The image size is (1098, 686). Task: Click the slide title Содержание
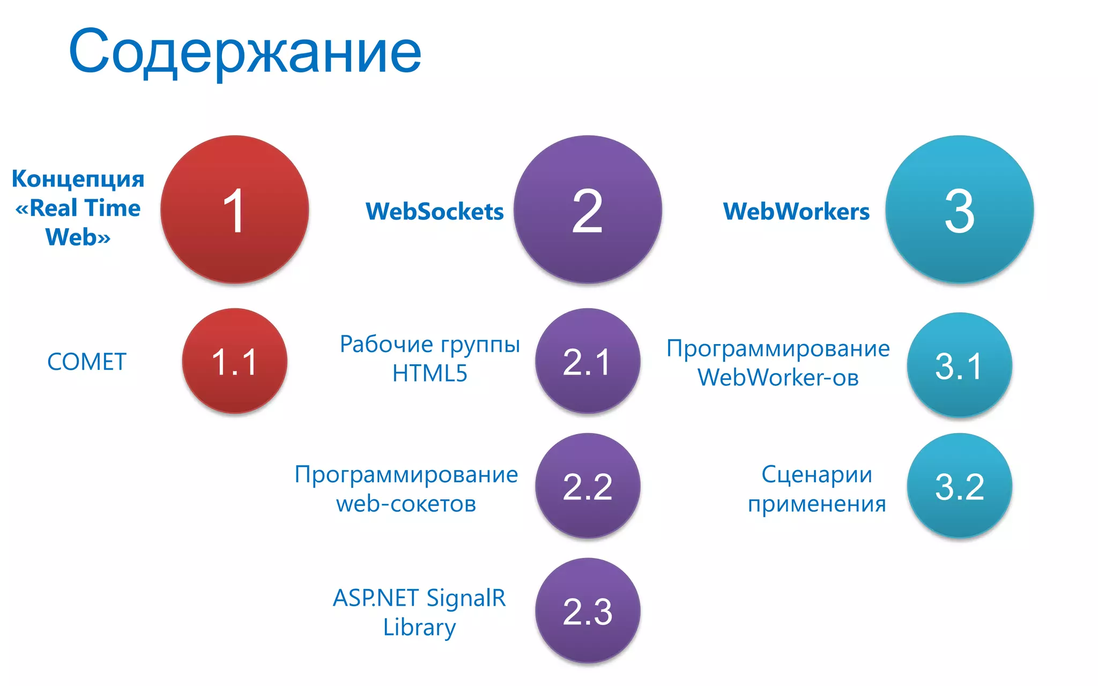(245, 53)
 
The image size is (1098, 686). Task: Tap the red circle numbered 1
(234, 210)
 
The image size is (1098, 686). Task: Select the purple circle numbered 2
(588, 210)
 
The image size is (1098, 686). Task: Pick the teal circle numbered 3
(959, 210)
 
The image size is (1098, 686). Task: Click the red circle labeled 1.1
(234, 361)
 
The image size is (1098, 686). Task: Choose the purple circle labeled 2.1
(588, 361)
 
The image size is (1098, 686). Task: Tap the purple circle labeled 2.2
(588, 486)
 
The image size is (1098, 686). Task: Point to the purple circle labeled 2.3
(588, 610)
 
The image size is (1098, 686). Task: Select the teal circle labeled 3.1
(959, 365)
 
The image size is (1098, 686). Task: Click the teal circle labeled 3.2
(959, 486)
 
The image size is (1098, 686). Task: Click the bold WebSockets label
(434, 211)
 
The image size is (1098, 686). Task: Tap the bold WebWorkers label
(796, 211)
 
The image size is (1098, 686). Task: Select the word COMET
(87, 362)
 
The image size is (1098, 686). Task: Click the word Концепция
(78, 179)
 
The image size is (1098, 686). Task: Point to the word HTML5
(429, 374)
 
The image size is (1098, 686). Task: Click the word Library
(419, 628)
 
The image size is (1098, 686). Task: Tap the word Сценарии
(817, 475)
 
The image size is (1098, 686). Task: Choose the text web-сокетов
(406, 504)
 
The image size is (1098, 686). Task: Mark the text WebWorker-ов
(778, 378)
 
